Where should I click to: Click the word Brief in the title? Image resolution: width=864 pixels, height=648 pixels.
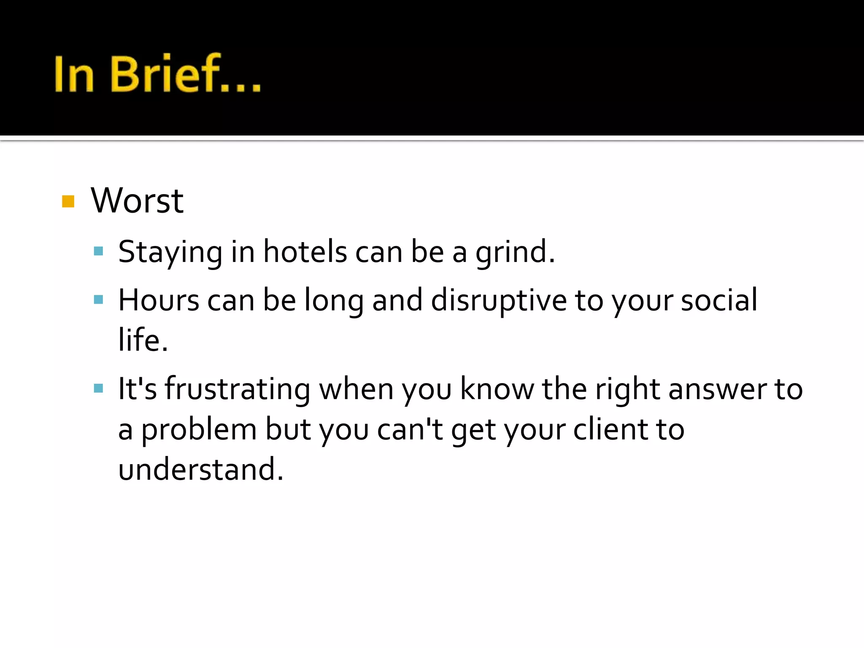coord(165,74)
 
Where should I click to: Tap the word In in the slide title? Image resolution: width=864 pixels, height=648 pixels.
coord(73,74)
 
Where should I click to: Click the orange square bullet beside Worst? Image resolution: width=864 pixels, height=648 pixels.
coord(68,201)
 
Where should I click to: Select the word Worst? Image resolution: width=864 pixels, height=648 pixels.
coord(137,201)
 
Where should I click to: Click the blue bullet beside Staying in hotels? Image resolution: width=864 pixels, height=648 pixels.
coord(98,251)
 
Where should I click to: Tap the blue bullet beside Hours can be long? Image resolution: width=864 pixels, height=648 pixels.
coord(98,300)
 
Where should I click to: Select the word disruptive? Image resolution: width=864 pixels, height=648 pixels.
coord(499,301)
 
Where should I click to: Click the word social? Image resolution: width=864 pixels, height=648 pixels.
coord(719,300)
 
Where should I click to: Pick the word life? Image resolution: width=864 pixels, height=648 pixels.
coord(143,340)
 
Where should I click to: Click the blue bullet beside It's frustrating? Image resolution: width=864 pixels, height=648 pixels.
coord(98,388)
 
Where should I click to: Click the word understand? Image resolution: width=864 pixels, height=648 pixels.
coord(200,469)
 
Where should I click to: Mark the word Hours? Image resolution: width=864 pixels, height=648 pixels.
coord(159,300)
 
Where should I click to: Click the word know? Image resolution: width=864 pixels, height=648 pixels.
coord(497,389)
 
